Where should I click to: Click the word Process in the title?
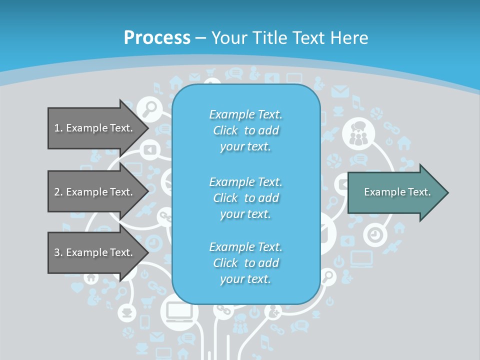pos(157,38)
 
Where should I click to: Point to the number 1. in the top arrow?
pos(58,128)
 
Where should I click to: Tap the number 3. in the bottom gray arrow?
pos(58,252)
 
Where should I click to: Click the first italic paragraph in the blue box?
pos(245,130)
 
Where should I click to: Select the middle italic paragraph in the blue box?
pos(245,197)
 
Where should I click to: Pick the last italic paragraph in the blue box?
pos(245,263)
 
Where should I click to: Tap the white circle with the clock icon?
pos(373,234)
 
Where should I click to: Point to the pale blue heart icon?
pos(76,287)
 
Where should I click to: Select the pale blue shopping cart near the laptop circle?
pos(148,301)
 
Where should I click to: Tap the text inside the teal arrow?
pos(397,192)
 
